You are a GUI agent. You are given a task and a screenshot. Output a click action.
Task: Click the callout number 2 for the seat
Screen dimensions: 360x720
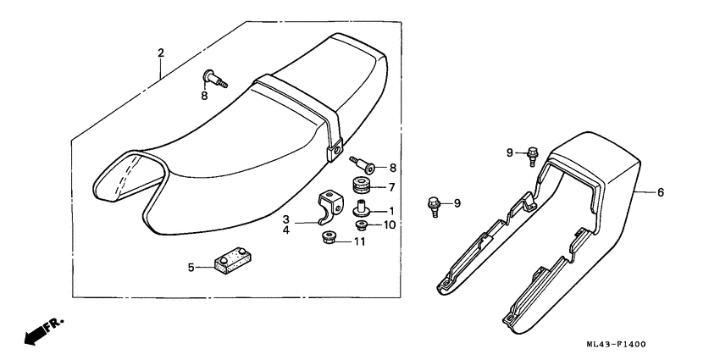tap(160, 53)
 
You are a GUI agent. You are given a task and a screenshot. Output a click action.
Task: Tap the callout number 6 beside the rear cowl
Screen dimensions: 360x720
tap(660, 193)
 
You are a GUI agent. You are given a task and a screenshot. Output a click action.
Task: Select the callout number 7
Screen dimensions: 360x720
tap(391, 187)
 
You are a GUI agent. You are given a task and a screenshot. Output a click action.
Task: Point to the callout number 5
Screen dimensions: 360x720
tap(191, 268)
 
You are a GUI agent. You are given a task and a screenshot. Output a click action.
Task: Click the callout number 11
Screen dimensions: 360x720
tap(360, 242)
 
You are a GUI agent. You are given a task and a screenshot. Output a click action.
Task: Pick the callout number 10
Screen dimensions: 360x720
tap(390, 224)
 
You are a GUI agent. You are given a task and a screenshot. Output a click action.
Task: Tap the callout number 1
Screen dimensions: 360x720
tap(390, 210)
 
